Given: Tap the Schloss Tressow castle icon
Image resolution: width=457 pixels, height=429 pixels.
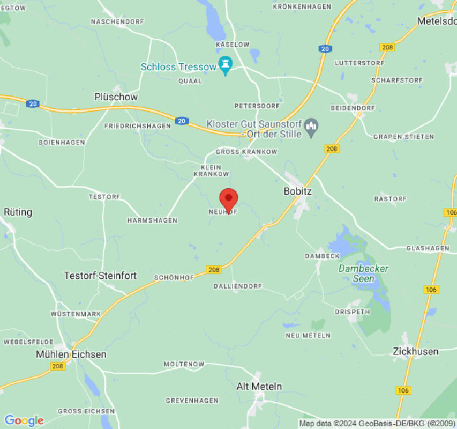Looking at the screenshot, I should tap(226, 66).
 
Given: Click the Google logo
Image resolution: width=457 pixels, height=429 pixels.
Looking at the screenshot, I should tap(24, 420).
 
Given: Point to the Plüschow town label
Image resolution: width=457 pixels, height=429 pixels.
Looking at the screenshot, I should tap(116, 97).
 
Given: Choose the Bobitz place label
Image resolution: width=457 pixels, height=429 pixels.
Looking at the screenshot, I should tap(297, 191).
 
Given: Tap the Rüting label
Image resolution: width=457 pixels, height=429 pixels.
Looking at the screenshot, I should tap(18, 212).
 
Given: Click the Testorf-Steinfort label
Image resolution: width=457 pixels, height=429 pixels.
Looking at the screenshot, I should tap(100, 276).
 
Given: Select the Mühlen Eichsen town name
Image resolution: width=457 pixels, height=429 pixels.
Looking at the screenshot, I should tap(71, 354).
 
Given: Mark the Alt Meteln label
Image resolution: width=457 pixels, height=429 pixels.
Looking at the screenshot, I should tap(259, 386).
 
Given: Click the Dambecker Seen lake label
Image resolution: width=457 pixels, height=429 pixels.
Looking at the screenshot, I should tap(364, 273).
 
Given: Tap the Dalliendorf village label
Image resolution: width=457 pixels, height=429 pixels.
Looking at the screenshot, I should tap(238, 286).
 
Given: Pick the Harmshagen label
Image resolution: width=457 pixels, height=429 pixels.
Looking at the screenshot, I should tap(152, 220).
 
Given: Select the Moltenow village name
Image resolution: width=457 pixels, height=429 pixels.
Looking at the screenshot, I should tap(184, 364).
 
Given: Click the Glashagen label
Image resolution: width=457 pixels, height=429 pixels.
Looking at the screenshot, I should tap(428, 248).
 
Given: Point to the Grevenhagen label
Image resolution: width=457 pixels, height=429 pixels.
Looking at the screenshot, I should tap(192, 401).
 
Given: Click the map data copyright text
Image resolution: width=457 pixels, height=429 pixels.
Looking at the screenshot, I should tap(376, 424).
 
